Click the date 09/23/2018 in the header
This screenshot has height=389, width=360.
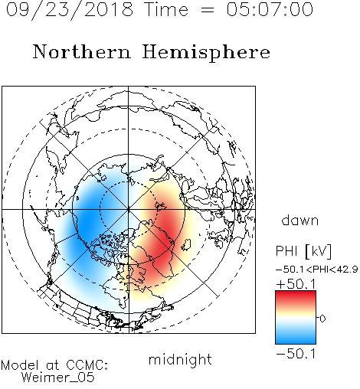coord(70,10)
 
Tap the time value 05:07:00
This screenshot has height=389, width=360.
coord(270,9)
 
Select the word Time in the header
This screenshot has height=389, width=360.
coord(166,9)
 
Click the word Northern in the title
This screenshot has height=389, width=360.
coord(82,51)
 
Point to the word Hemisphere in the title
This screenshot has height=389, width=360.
coord(206,53)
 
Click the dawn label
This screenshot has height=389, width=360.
coord(300,220)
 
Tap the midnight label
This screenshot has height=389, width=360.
coord(180,360)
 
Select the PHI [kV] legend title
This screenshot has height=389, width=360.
coord(303,251)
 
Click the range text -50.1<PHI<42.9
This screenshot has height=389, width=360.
coord(317,270)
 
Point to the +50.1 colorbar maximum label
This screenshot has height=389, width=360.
coord(296,284)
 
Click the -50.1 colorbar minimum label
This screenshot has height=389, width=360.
coord(296,354)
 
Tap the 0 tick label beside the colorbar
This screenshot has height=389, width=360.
coord(322,319)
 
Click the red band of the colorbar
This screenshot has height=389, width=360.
coord(296,296)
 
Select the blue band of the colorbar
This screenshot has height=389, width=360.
coord(296,337)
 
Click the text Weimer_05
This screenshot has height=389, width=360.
coord(57,378)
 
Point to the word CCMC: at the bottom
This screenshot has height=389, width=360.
coord(87,365)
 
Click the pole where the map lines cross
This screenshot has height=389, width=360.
coord(129,209)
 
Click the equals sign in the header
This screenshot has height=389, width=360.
coord(208,10)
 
